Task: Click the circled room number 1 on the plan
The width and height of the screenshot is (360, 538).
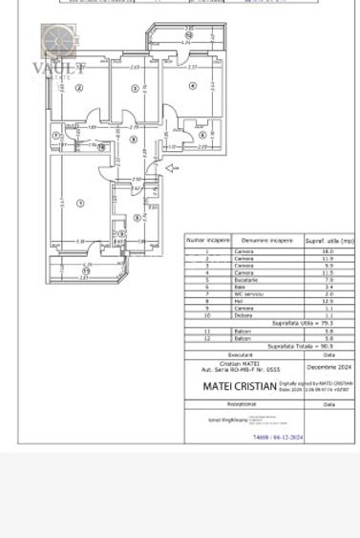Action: pos(80,203)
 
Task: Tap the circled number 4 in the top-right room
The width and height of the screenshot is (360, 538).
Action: pos(193,86)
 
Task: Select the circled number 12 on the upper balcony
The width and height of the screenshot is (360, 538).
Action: pos(188,36)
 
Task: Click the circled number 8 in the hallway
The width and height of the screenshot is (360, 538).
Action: pos(134,140)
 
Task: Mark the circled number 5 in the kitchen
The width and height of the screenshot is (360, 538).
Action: pos(138,218)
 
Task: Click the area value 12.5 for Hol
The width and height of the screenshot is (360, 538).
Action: pos(328,301)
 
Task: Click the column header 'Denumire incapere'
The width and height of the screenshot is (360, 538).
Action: pos(267,241)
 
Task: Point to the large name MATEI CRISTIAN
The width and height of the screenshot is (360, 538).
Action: pos(240,386)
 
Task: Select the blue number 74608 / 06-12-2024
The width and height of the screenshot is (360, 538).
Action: pos(278,437)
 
